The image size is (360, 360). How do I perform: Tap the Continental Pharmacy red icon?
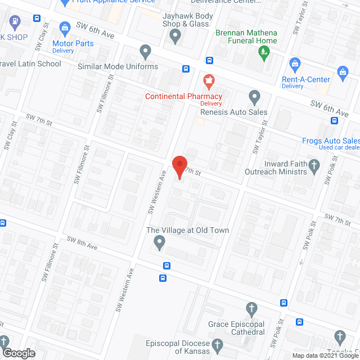point(209,81)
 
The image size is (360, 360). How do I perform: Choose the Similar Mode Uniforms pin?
point(146,52)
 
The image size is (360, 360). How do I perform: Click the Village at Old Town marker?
point(159,243)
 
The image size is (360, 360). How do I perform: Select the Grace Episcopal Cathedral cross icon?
point(252,309)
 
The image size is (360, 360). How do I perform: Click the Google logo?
point(18,353)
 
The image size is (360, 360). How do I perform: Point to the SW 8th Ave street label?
point(82,243)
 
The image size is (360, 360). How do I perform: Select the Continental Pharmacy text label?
point(183,96)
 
